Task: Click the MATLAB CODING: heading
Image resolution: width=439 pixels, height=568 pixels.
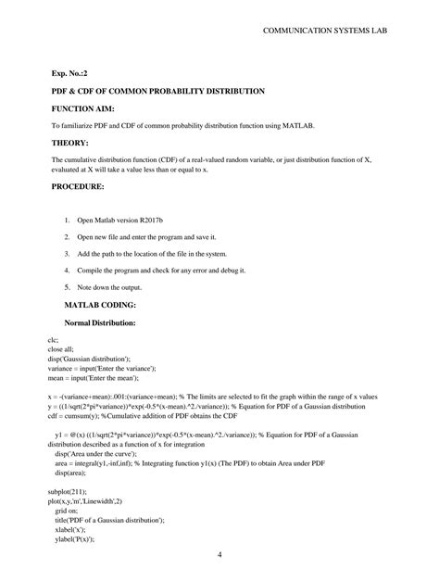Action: (99, 304)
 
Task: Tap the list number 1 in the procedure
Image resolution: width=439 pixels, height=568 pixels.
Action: (67, 221)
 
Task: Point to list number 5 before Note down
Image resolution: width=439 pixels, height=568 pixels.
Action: (67, 287)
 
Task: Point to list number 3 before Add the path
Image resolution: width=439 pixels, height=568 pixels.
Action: (67, 254)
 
